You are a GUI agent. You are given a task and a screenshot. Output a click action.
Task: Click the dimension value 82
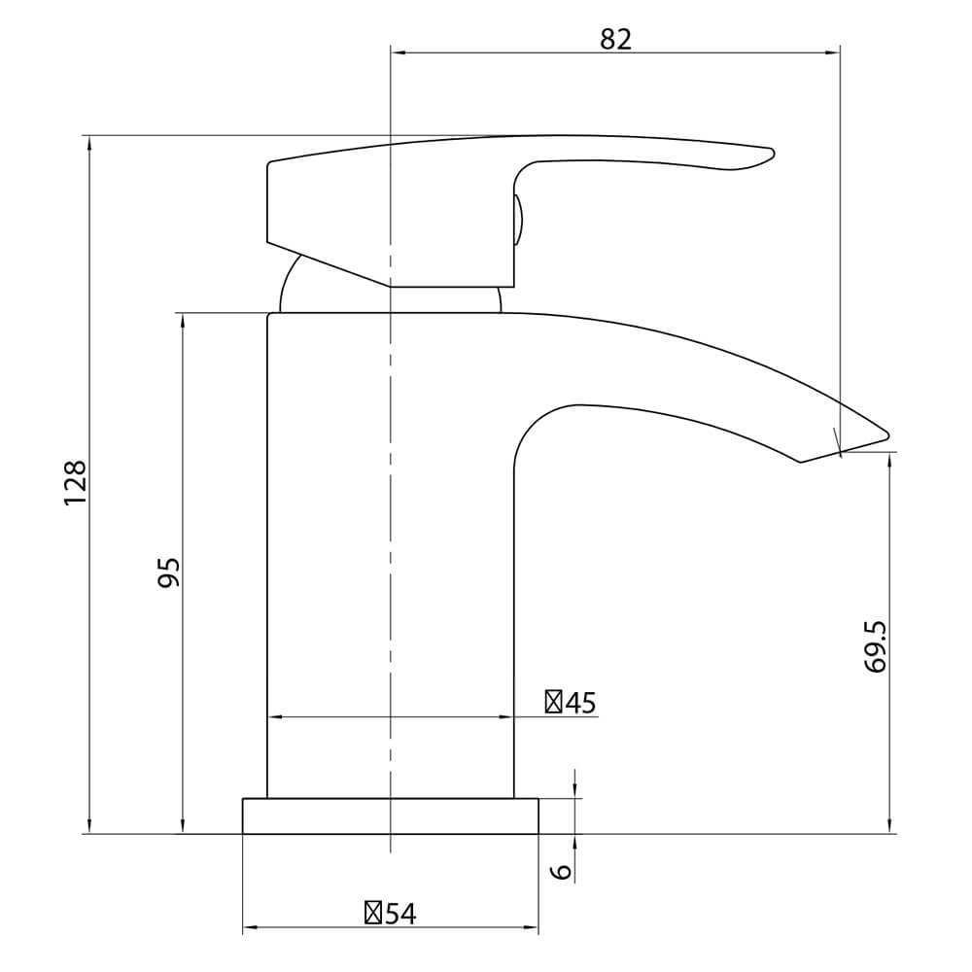pyautogui.click(x=615, y=39)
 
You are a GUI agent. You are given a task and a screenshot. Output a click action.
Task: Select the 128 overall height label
pyautogui.click(x=75, y=483)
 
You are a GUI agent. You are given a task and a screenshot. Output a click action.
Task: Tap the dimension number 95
pyautogui.click(x=168, y=573)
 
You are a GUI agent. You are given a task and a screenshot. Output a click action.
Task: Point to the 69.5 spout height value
pyautogui.click(x=876, y=647)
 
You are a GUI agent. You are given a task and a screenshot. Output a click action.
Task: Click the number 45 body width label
pyautogui.click(x=580, y=703)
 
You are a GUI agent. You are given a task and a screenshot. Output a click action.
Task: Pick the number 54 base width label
pyautogui.click(x=400, y=914)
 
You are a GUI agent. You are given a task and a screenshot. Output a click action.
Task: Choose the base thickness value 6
pyautogui.click(x=562, y=871)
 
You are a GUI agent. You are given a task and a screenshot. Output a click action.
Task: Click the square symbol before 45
pyautogui.click(x=553, y=703)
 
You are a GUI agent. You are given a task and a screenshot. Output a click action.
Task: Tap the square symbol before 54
pyautogui.click(x=373, y=913)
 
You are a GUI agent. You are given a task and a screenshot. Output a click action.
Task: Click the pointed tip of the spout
pyautogui.click(x=887, y=434)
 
